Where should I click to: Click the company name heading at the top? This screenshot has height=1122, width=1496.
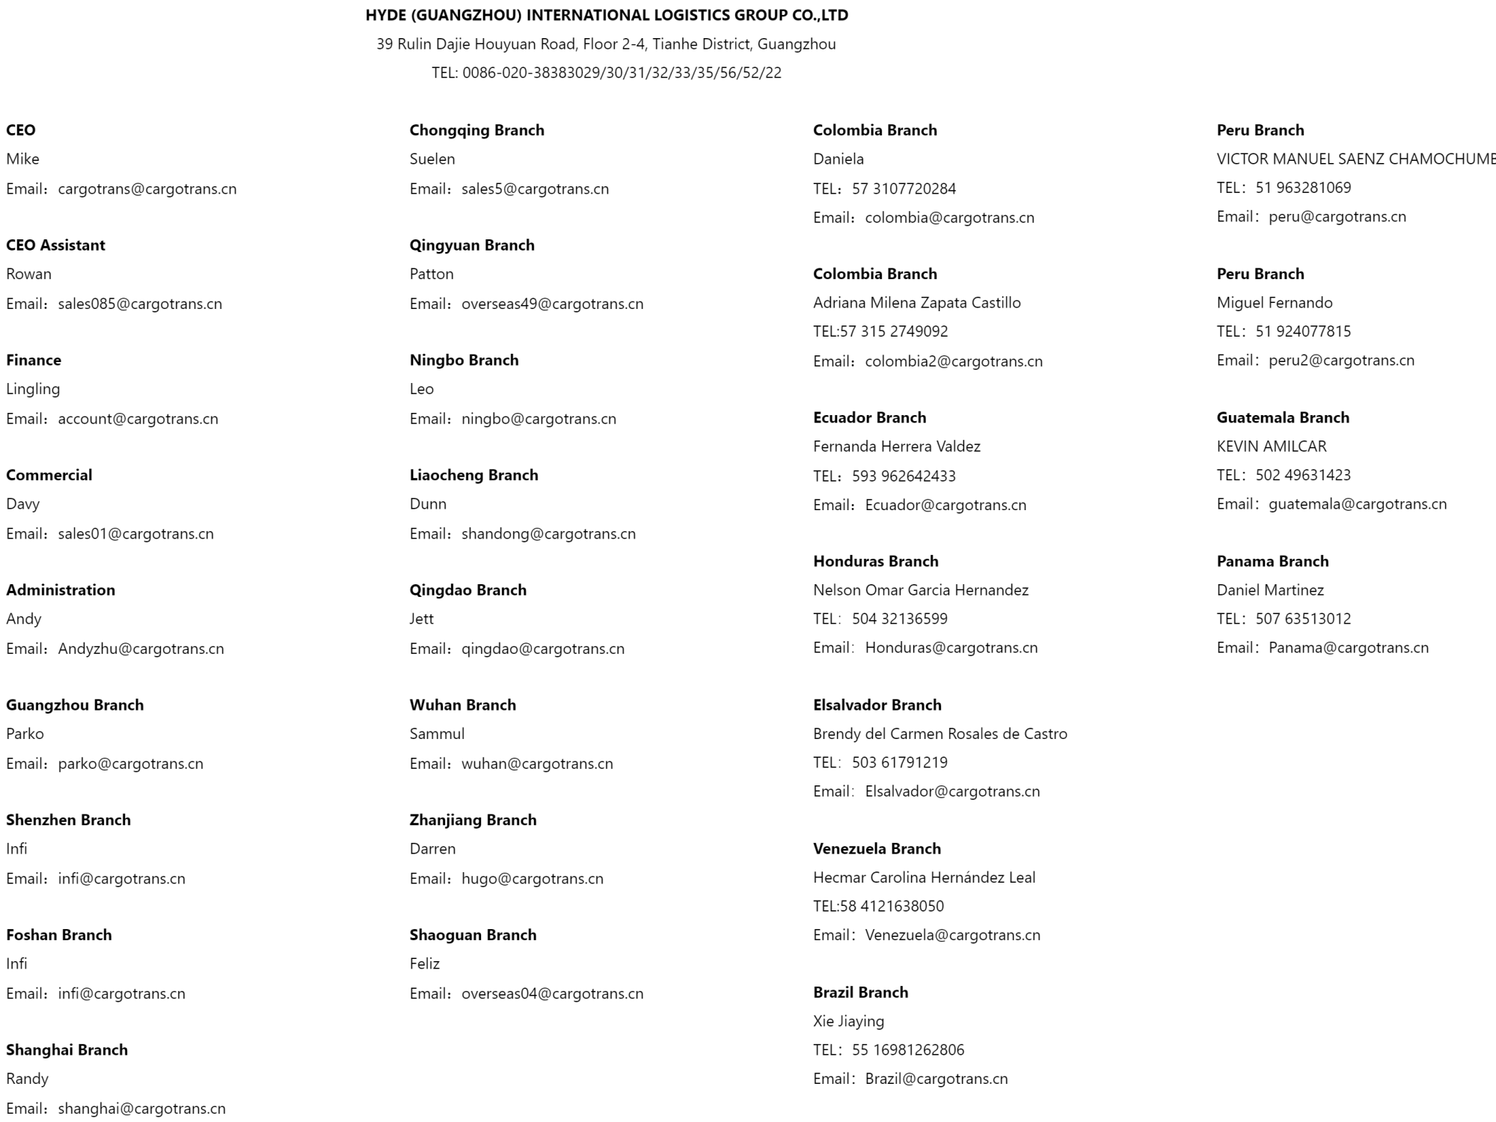coord(607,15)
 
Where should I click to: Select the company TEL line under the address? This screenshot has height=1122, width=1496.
coord(607,73)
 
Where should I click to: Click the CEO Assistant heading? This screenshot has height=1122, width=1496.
coord(55,245)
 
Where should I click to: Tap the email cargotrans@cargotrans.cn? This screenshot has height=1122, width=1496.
coord(147,189)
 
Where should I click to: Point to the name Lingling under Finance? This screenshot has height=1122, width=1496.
coord(33,389)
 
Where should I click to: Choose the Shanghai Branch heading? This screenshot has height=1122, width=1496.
coord(67,1050)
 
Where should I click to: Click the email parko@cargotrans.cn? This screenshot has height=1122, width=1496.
coord(130,764)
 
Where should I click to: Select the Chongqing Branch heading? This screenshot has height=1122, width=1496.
coord(476,130)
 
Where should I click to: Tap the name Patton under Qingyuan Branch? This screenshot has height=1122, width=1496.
coord(432,274)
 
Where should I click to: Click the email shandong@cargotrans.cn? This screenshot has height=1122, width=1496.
coord(548,534)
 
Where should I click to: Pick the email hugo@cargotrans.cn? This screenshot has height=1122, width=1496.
coord(532,879)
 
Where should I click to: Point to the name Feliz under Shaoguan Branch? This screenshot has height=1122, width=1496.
coord(424,964)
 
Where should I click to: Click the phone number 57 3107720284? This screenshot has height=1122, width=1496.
coord(904,189)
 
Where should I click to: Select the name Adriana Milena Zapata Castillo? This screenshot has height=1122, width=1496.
coord(916,303)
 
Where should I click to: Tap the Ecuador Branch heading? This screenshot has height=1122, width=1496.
coord(869,417)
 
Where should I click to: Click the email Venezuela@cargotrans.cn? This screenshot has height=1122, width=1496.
coord(952,935)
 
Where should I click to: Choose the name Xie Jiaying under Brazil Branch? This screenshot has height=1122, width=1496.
coord(848,1022)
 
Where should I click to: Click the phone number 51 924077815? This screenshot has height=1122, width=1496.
coord(1303,331)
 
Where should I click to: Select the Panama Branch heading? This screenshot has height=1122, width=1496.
coord(1272,561)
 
